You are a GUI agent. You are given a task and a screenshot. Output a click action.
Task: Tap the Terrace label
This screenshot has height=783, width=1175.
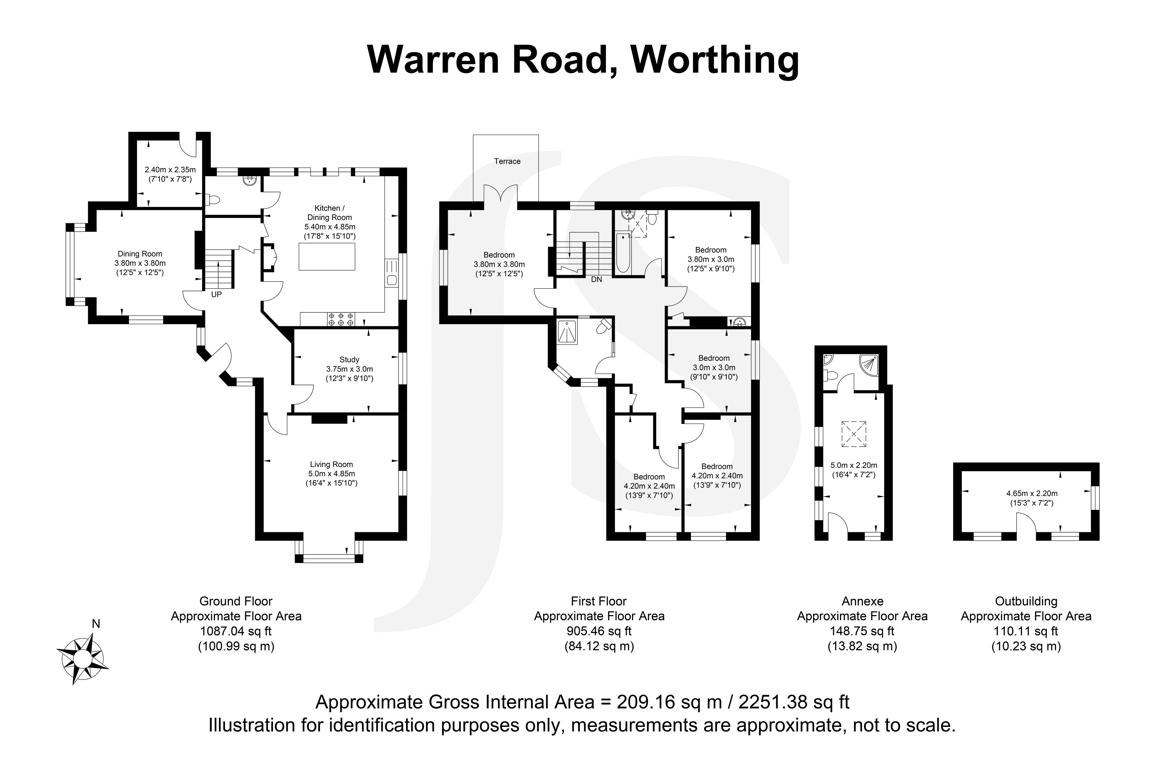tap(507, 161)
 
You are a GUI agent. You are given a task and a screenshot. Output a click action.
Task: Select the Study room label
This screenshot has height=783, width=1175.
tap(349, 359)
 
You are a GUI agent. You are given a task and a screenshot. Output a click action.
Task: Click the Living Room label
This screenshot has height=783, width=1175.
tap(331, 464)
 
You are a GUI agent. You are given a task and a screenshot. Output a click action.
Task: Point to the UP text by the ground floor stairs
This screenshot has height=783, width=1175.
tap(216, 295)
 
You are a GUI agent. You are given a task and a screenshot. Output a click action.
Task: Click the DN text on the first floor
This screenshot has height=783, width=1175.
tap(596, 280)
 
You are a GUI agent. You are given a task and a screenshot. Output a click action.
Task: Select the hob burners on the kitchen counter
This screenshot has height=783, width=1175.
tap(340, 319)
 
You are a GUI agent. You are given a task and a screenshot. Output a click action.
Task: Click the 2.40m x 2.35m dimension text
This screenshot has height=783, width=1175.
tap(170, 170)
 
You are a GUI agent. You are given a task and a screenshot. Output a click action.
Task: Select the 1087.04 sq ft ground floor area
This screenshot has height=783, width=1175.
tap(236, 631)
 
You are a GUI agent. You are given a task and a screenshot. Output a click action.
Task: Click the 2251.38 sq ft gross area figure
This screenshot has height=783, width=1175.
tap(794, 702)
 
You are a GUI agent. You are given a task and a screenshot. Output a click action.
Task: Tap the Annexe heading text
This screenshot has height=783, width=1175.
tap(862, 601)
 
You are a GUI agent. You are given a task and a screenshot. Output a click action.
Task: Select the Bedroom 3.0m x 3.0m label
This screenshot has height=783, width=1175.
tap(714, 358)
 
